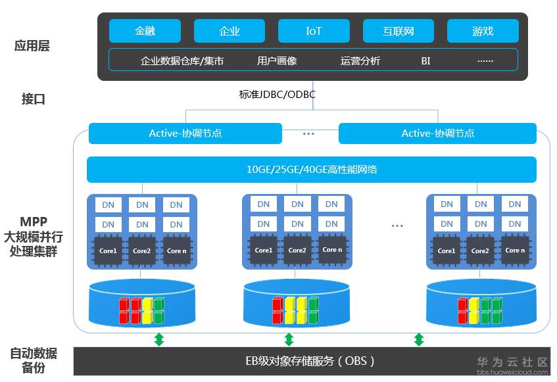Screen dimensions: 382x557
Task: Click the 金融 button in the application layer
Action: click(x=145, y=31)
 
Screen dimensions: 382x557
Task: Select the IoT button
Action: click(x=314, y=31)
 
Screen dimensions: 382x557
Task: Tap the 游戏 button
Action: click(x=483, y=31)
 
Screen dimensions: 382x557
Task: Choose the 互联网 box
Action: click(x=398, y=31)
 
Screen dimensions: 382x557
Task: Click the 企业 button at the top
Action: click(x=229, y=31)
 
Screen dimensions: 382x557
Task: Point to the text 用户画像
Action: click(x=277, y=60)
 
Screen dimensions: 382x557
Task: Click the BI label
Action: click(x=425, y=60)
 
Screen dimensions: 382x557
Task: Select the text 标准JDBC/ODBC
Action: click(x=277, y=95)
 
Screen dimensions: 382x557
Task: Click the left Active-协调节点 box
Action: click(x=185, y=133)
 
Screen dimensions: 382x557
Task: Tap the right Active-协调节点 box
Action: click(x=437, y=133)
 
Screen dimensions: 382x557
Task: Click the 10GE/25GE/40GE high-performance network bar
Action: click(x=312, y=170)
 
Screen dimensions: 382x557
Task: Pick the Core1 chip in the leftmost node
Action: click(x=108, y=251)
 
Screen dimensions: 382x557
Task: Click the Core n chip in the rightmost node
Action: click(x=515, y=251)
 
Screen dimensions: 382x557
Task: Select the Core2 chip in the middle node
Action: click(x=297, y=251)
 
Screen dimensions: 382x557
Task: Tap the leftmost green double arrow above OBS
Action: click(x=158, y=339)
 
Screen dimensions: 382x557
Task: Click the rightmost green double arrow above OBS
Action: click(x=418, y=339)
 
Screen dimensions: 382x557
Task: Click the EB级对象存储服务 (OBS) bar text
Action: click(x=309, y=360)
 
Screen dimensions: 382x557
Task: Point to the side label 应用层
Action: click(x=32, y=46)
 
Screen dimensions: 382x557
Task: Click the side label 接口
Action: click(x=33, y=99)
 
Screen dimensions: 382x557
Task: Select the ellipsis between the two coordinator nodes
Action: click(x=309, y=133)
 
